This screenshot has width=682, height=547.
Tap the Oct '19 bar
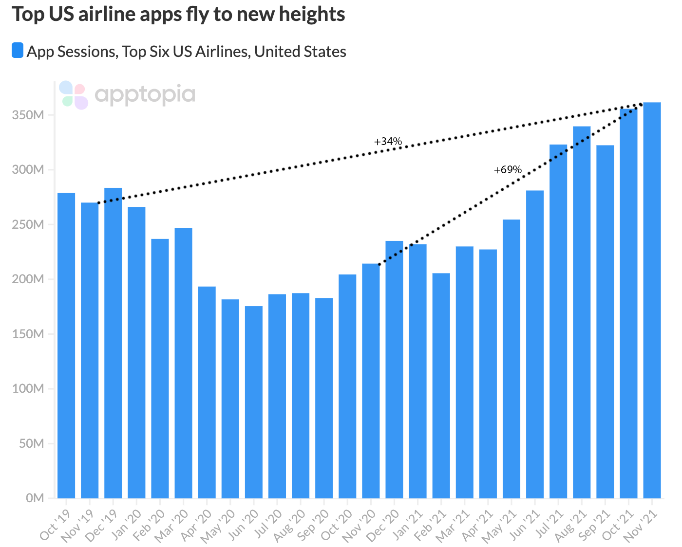pos(66,346)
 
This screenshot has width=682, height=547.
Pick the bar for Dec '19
pos(113,343)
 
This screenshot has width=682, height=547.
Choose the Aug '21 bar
pos(582,312)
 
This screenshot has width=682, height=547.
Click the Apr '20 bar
pos(207,392)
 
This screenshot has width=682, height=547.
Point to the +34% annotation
pos(388,142)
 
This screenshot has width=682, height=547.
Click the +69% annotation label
pos(508,170)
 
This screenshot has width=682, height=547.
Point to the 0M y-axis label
pos(35,498)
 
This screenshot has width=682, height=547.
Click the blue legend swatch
pos(18,50)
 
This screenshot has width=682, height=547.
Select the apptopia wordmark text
pos(145,94)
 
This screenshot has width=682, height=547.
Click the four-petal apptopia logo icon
pos(74,95)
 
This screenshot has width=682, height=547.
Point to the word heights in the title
pos(312,15)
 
